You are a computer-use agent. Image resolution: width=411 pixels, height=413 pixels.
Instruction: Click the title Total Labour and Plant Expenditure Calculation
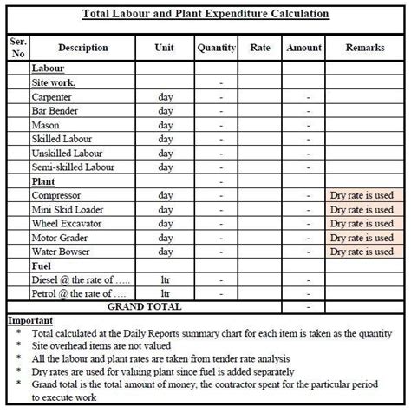coord(205,14)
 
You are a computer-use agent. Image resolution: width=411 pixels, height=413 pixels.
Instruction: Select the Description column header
coord(83,48)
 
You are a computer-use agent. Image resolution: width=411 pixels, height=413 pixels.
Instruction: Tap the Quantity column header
coord(217,48)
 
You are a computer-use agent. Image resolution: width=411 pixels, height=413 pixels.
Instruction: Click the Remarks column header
coord(364,48)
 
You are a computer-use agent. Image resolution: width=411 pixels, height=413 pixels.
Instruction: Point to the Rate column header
coord(261,48)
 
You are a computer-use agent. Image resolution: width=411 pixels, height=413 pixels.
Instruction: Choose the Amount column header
coord(303,48)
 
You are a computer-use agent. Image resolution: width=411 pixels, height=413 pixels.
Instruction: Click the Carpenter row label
coord(52,97)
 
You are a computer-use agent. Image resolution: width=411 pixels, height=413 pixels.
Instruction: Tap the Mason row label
coord(45,125)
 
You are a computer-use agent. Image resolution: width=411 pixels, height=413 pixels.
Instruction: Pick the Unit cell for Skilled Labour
coord(166,139)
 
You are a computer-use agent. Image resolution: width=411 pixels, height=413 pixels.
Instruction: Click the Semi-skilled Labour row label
coord(73,167)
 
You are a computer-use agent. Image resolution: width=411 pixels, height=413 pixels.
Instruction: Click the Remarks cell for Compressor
coord(362,195)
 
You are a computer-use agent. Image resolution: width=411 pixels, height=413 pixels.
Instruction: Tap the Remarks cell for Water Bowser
coord(362,252)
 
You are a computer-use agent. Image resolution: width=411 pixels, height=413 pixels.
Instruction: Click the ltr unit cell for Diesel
coord(166,279)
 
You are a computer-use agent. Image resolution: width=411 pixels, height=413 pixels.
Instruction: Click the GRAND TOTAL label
coord(144,306)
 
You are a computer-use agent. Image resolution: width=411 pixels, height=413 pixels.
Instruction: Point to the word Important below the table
coord(30,319)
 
